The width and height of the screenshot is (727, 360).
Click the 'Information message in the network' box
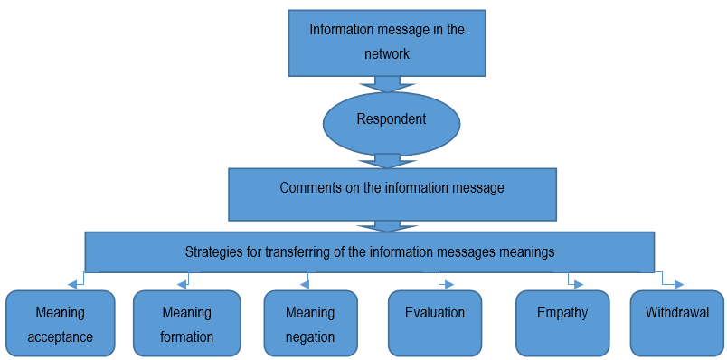[387, 43]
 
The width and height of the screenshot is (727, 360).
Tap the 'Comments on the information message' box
[391, 194]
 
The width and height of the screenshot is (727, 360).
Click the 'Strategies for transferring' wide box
[369, 251]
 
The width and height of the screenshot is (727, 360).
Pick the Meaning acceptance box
[60, 323]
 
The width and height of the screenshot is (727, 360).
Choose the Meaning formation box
[186, 323]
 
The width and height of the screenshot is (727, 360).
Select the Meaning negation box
[309, 323]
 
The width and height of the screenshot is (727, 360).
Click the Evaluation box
[435, 323]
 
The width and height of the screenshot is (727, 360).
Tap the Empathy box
[562, 323]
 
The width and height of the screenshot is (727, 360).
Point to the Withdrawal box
[676, 323]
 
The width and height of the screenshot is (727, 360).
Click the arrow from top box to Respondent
[387, 84]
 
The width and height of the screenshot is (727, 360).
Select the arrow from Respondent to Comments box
[387, 160]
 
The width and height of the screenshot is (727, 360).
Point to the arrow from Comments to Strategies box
[387, 226]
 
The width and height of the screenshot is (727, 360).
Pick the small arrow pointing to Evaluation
[445, 282]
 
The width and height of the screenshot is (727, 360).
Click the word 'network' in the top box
[387, 54]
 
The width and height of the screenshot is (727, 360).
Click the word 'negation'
[309, 336]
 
